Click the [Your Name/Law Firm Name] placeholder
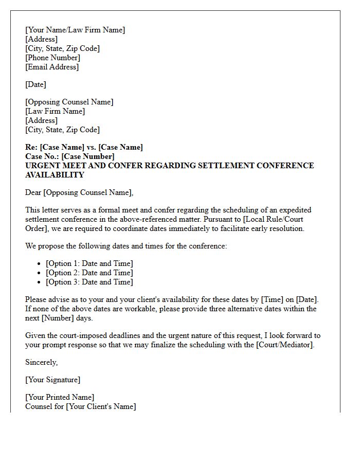point(75,30)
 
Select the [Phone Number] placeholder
point(52,58)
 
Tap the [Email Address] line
point(52,67)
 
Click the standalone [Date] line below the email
point(35,84)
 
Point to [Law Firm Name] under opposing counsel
point(55,111)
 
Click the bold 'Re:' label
point(31,147)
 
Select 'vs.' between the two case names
point(92,147)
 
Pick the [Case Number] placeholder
point(88,156)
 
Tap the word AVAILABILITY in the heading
point(55,175)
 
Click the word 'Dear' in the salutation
point(33,192)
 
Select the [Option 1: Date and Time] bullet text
point(89,263)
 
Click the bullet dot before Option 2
point(39,273)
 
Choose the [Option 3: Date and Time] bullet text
point(89,282)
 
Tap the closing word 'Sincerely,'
point(42,362)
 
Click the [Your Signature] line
point(52,380)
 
